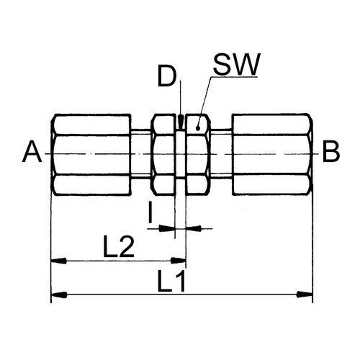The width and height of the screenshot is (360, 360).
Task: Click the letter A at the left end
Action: (32, 152)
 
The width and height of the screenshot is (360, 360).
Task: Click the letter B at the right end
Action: (331, 152)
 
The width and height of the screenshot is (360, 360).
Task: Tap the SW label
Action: (237, 64)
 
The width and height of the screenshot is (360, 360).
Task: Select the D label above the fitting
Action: (167, 76)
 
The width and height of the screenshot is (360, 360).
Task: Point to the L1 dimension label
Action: (171, 281)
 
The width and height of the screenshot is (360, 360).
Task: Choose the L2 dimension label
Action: (118, 246)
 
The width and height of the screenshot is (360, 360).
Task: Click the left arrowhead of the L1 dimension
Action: (59, 294)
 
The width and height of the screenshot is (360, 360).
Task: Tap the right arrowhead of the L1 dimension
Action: (305, 294)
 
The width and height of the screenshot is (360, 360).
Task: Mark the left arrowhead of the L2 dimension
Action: (59, 261)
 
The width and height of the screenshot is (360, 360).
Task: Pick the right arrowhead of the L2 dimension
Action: (179, 261)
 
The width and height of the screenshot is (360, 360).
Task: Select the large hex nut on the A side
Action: (91, 154)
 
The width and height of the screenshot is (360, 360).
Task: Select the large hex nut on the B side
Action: (272, 154)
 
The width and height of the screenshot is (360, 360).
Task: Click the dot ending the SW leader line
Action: (198, 128)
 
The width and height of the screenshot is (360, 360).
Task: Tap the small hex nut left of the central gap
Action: (163, 154)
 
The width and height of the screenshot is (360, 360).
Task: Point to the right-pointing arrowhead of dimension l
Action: (167, 228)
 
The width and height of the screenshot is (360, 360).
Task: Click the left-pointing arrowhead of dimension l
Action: (194, 228)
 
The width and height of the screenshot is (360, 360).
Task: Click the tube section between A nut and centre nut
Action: (141, 154)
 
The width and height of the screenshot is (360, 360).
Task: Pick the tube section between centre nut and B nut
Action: (222, 154)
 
